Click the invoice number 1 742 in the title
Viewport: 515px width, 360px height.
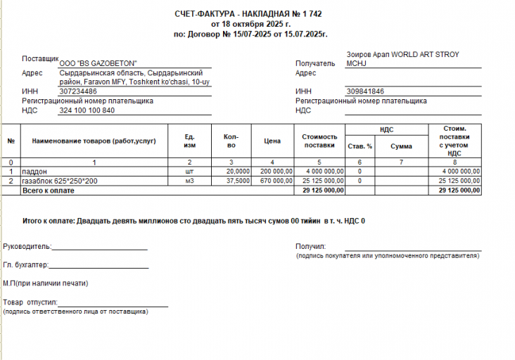pyautogui.click(x=314, y=14)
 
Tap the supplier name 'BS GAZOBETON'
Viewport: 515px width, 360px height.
pyautogui.click(x=103, y=63)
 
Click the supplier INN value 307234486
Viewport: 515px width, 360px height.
pyautogui.click(x=78, y=91)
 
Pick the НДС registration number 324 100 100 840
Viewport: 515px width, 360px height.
pyautogui.click(x=87, y=110)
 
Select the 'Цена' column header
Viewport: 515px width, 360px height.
pyautogui.click(x=272, y=141)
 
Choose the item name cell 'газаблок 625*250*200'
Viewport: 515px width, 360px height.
pyautogui.click(x=60, y=181)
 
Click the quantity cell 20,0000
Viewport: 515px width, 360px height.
pyautogui.click(x=237, y=171)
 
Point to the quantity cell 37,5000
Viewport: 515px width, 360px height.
pyautogui.click(x=237, y=181)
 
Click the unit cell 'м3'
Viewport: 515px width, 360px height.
pyautogui.click(x=189, y=181)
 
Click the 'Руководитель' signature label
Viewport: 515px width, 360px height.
pyautogui.click(x=27, y=246)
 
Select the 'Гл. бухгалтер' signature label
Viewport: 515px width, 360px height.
pyautogui.click(x=25, y=265)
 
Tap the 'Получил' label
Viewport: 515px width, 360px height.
pyautogui.click(x=311, y=246)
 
